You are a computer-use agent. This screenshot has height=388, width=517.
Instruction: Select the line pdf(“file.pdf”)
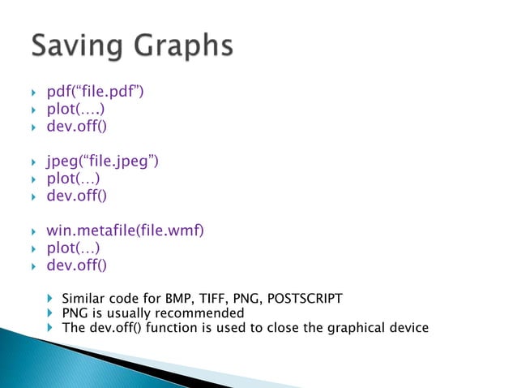pos(95,95)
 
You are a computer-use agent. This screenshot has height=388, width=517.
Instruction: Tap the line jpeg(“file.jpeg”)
pos(101,163)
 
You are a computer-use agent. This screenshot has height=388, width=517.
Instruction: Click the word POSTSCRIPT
pos(304,298)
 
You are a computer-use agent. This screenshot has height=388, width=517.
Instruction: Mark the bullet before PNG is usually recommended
pos(50,313)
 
